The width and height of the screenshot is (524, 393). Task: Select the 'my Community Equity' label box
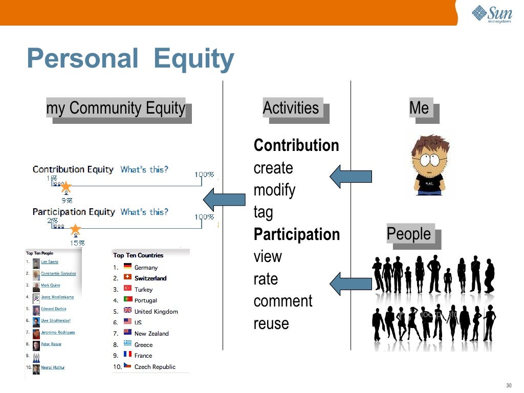[116, 108]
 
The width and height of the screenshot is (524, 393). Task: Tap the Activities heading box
[291, 108]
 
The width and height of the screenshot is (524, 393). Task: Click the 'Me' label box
[419, 108]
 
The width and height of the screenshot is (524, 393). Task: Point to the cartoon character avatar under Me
[430, 164]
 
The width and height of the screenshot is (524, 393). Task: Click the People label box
[409, 234]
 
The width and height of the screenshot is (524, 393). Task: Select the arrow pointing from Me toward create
[351, 177]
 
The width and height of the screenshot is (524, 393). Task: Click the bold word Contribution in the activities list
[296, 145]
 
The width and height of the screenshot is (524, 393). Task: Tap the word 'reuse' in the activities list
[271, 323]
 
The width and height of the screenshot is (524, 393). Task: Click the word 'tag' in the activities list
[264, 212]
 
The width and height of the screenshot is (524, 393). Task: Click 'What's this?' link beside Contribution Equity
[144, 169]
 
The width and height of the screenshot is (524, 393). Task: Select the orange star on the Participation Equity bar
[75, 229]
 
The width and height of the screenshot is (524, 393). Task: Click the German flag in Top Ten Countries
[127, 267]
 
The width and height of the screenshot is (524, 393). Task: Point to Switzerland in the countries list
[150, 278]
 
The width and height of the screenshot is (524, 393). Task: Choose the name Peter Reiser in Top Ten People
[51, 344]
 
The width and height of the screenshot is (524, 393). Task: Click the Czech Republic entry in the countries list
[155, 366]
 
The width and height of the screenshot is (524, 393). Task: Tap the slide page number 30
[508, 385]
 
